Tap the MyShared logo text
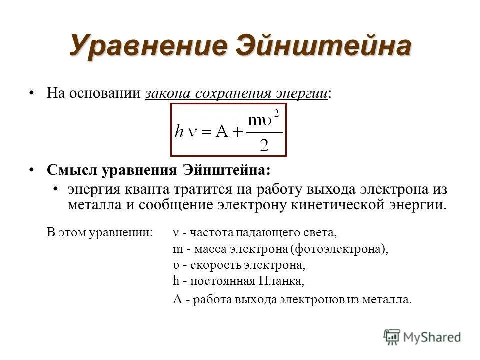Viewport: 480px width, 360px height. pyautogui.click(x=431, y=337)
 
